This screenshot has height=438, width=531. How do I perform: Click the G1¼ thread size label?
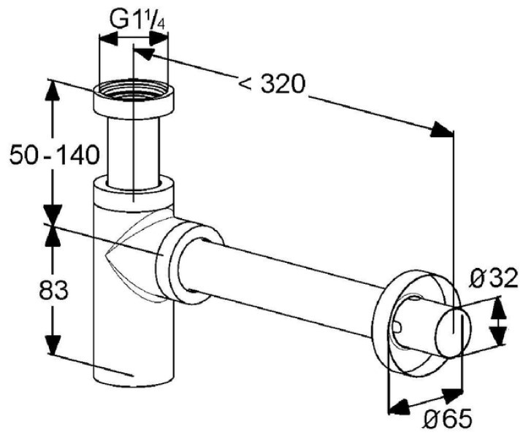click(138, 20)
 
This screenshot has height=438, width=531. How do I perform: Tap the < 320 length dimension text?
click(272, 84)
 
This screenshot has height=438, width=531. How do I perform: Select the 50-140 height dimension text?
click(55, 155)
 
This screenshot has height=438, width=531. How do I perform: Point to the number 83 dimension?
click(53, 291)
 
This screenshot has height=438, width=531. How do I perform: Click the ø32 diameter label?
click(494, 278)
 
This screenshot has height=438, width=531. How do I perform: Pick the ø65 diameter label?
click(448, 419)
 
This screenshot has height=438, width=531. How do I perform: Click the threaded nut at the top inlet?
click(134, 99)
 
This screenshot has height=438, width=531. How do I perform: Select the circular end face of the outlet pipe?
click(454, 333)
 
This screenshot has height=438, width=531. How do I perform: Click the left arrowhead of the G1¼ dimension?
click(107, 39)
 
